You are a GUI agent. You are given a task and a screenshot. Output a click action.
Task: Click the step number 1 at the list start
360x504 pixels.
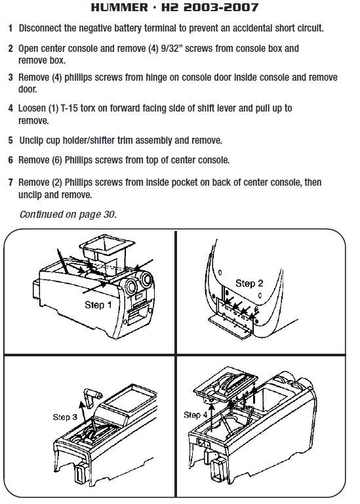pos(10,30)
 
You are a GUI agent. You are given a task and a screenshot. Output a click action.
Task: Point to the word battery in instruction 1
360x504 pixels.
pos(155,30)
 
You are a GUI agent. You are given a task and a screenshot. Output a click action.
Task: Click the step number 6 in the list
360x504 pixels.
pos(10,159)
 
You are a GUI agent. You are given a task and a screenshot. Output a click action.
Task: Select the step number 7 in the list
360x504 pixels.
pos(10,181)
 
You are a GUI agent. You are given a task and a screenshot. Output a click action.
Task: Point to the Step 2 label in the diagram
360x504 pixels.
pos(249,283)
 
